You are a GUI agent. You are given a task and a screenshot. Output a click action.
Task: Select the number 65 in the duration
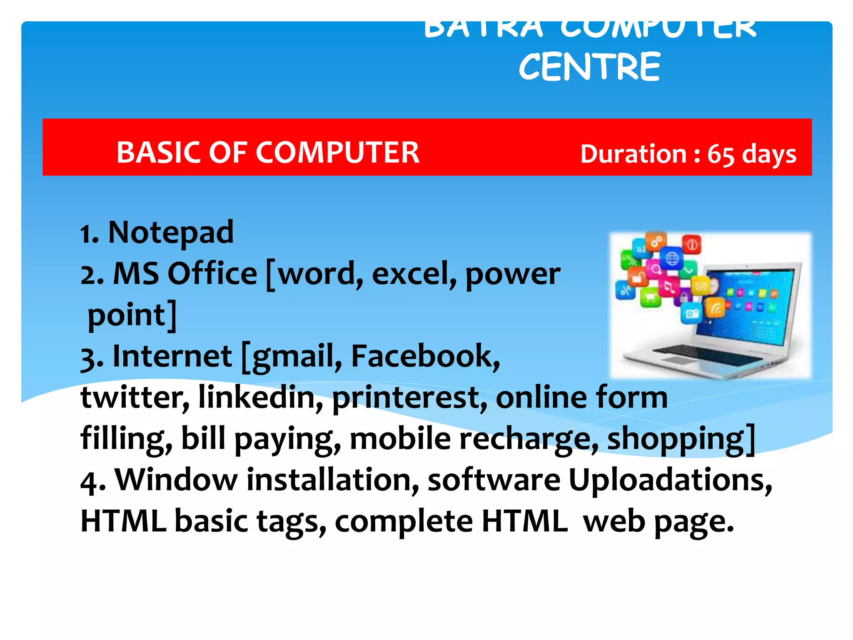[x=721, y=155]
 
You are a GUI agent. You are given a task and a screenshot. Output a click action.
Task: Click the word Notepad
[x=171, y=232]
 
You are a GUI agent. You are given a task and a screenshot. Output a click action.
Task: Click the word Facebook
[x=425, y=356]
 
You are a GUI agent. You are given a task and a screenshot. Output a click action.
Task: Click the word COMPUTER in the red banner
[x=337, y=152]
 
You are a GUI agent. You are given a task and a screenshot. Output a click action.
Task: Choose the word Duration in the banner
[x=633, y=154]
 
